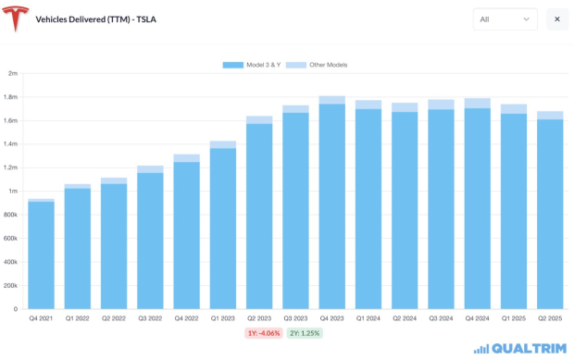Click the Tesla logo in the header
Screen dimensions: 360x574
click(x=17, y=19)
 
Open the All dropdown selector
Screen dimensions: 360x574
click(x=505, y=19)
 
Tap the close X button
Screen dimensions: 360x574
click(x=557, y=19)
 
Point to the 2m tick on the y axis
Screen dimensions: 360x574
click(x=13, y=73)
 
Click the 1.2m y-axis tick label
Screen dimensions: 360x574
click(x=10, y=168)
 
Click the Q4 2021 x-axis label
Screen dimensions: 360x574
click(x=41, y=317)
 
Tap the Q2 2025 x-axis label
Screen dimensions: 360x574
click(x=550, y=317)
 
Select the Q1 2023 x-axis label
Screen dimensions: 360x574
click(x=222, y=317)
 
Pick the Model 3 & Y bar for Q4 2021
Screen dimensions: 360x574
click(x=41, y=254)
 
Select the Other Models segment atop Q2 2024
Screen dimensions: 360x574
click(x=405, y=107)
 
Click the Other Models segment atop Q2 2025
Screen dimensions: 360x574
click(x=550, y=116)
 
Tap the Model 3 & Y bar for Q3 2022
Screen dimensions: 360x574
click(x=150, y=241)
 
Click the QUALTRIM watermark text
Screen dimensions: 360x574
click(x=526, y=348)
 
